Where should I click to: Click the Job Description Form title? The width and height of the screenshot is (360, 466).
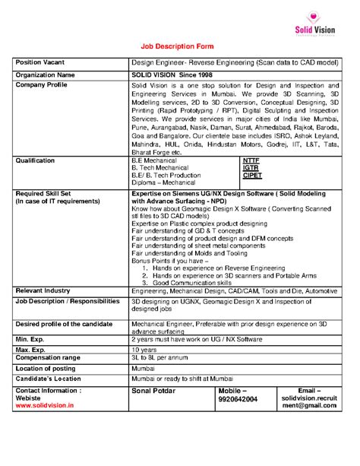[179, 46]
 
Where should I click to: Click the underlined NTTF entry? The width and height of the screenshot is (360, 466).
[251, 160]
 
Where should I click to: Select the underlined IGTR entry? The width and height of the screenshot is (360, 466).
[251, 168]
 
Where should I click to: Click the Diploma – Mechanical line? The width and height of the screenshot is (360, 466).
[163, 183]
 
